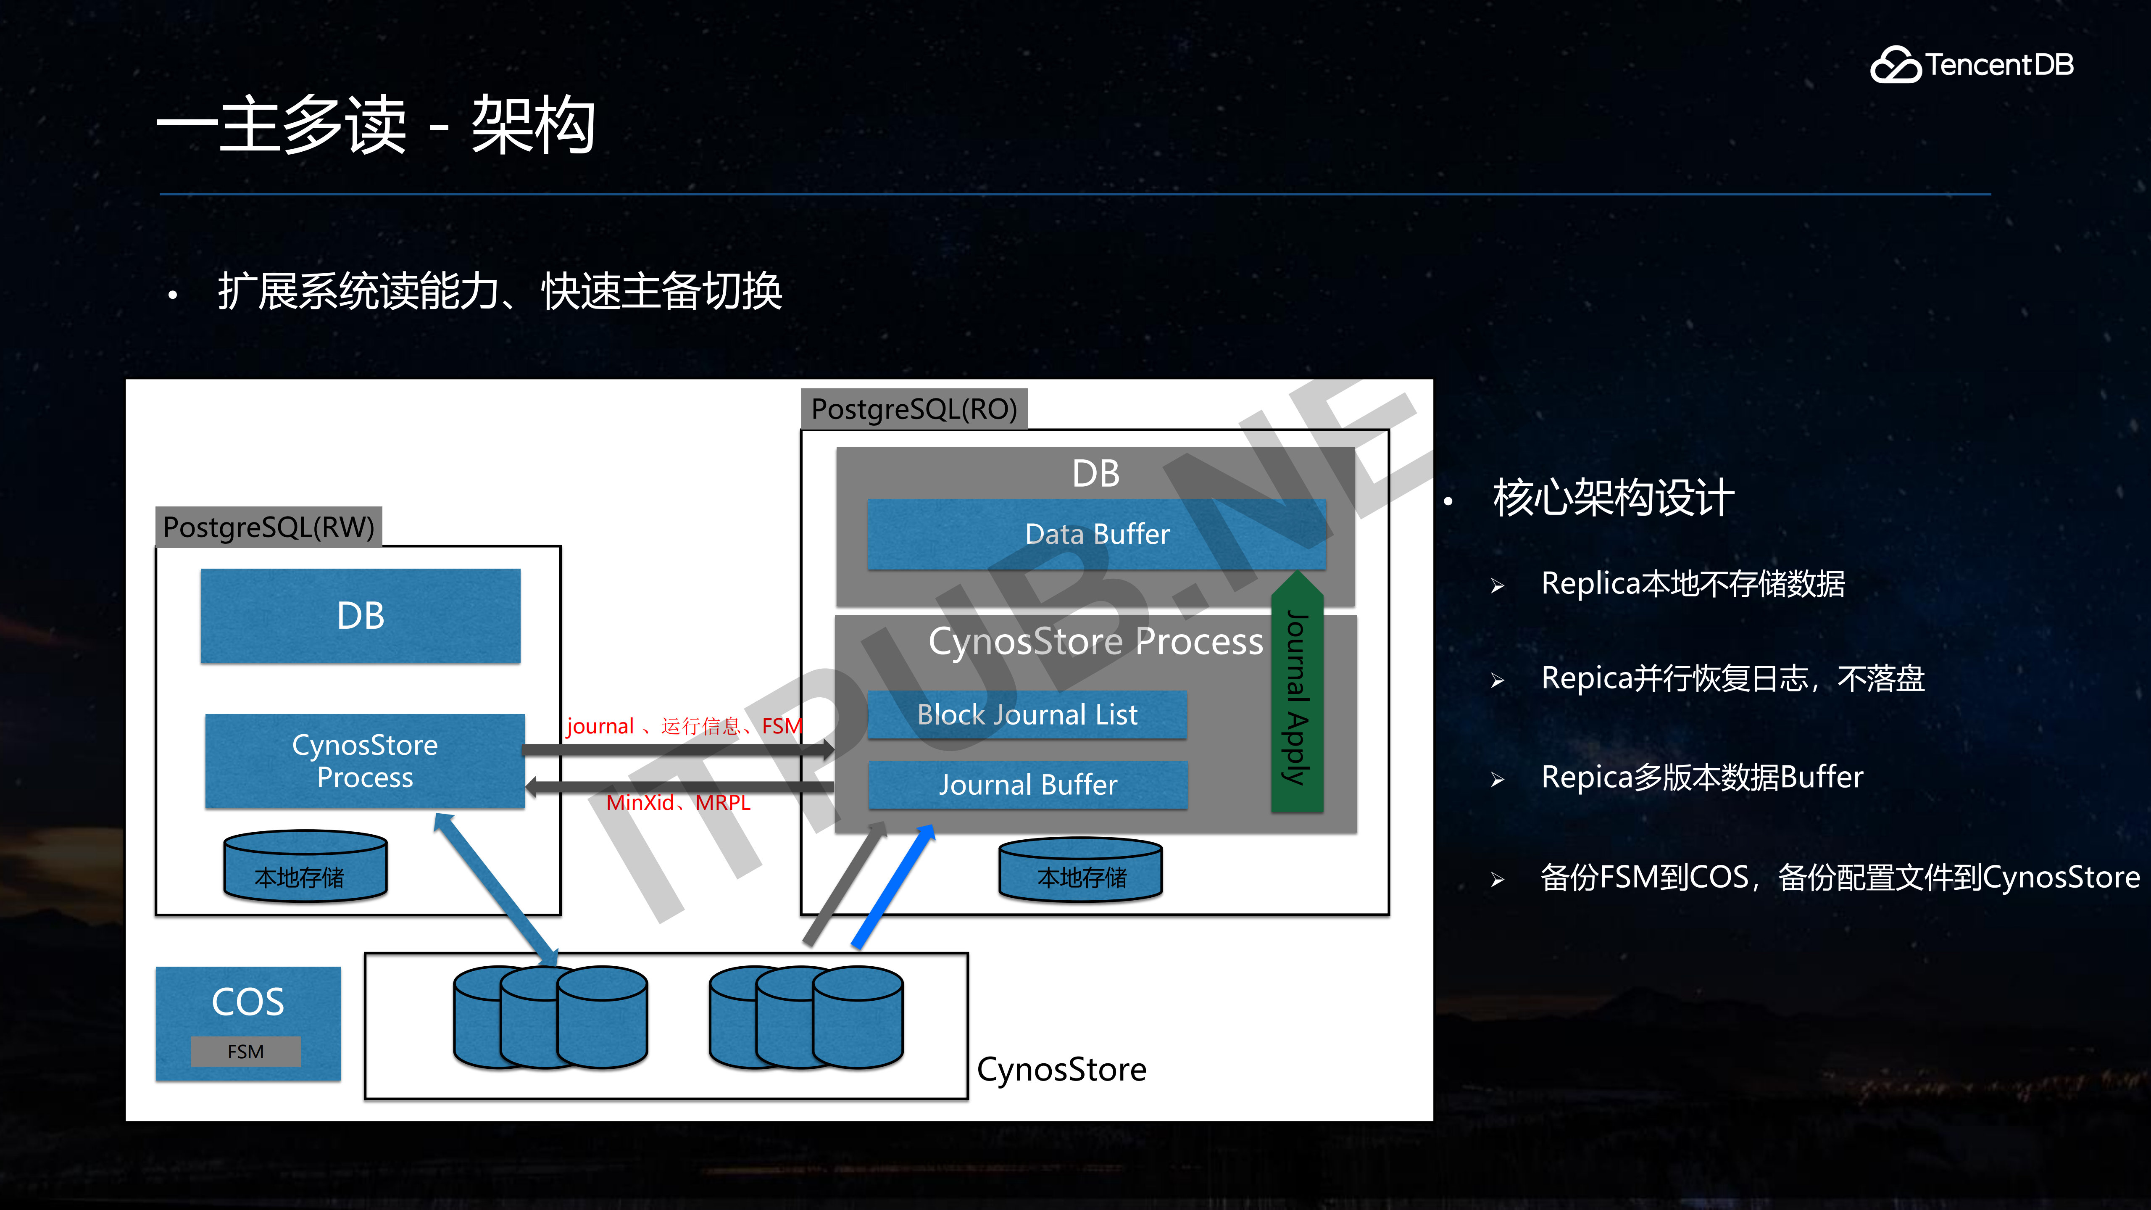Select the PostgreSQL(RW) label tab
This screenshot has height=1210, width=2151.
click(268, 527)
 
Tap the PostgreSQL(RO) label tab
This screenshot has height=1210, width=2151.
click(914, 409)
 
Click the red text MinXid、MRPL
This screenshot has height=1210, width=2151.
click(678, 802)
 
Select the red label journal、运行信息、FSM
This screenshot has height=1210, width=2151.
click(683, 726)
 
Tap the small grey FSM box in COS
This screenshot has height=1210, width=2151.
click(245, 1051)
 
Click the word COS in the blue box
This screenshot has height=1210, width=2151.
click(248, 1001)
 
